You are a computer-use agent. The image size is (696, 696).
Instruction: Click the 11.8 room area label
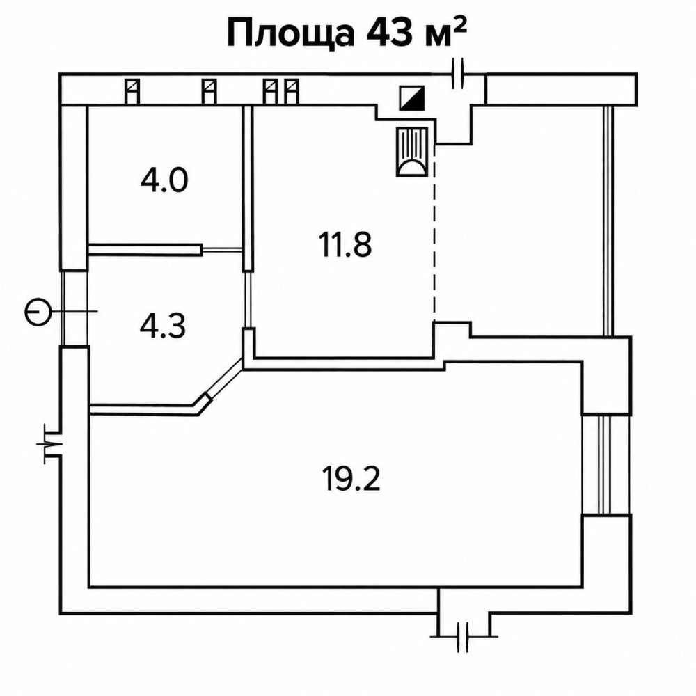pos(345,244)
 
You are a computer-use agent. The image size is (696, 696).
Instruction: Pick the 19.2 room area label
pos(351,479)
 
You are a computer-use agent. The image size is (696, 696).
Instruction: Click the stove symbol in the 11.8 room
pos(412,152)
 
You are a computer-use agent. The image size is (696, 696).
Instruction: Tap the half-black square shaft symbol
pos(412,97)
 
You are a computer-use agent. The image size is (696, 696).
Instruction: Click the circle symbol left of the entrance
pos(37,311)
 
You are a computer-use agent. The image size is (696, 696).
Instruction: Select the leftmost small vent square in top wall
pos(132,91)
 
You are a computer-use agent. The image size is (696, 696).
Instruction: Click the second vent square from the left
pos(209,91)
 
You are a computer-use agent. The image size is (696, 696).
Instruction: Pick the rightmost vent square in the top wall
pos(292,91)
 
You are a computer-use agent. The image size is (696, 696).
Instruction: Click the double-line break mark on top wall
pos(458,73)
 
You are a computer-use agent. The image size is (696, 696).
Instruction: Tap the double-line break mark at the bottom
pos(463,637)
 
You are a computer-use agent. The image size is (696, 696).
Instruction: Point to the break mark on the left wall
pos(51,443)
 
